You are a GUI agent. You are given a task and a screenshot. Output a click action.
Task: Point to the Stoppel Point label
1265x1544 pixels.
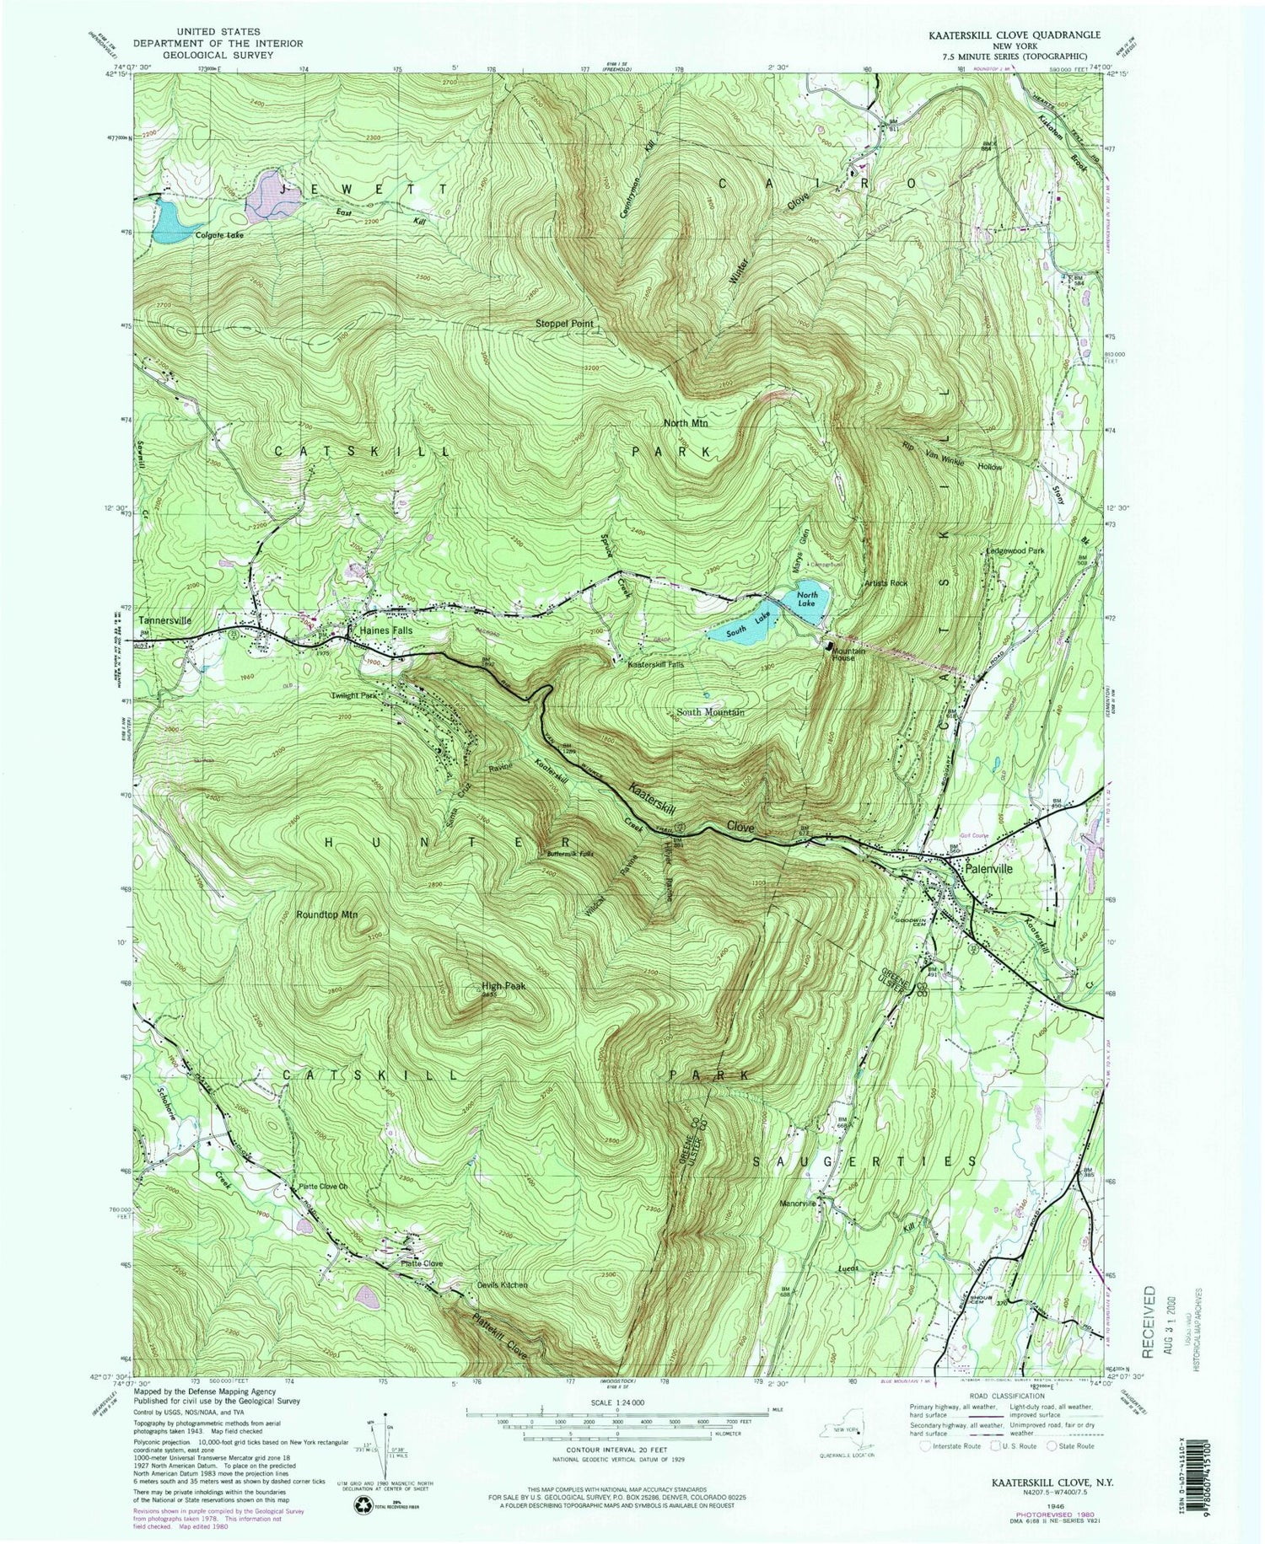click(564, 324)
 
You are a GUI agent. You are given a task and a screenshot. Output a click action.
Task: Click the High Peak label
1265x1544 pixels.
click(498, 985)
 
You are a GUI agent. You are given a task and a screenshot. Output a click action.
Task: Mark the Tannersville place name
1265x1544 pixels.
click(165, 620)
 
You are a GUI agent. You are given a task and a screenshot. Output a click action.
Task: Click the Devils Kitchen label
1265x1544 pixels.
click(501, 1284)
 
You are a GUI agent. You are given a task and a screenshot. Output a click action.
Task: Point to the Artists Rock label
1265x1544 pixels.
click(885, 582)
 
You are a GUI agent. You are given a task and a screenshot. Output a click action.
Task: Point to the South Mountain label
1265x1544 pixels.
click(708, 712)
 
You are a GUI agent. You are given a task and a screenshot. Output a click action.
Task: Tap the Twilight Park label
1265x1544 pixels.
click(353, 696)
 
